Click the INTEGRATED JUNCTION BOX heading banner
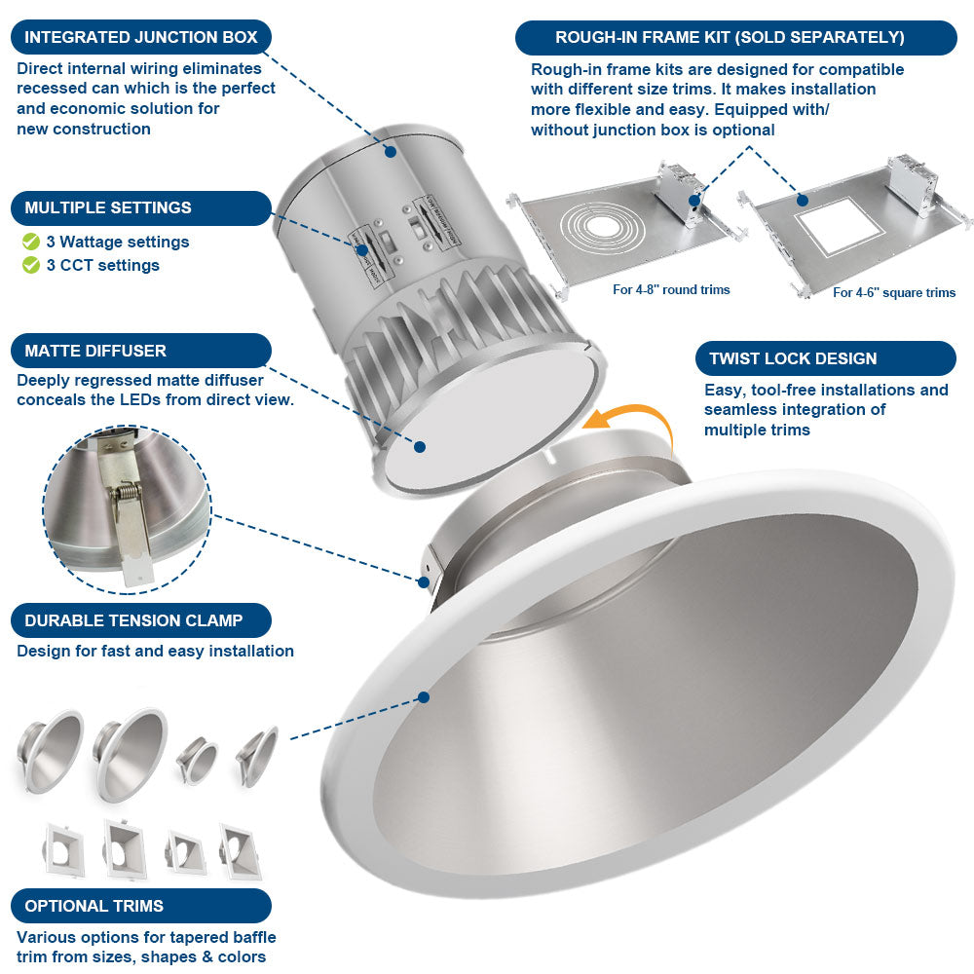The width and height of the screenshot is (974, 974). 141,37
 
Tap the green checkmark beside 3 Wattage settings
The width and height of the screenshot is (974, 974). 31,242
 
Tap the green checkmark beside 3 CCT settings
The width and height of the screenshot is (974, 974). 31,265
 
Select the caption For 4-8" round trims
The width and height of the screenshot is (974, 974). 671,289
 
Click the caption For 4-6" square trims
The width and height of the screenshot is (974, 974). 893,292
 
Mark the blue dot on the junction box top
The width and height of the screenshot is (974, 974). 391,151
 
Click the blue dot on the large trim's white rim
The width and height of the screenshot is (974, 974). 424,697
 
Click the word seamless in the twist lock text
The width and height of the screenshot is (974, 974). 745,410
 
